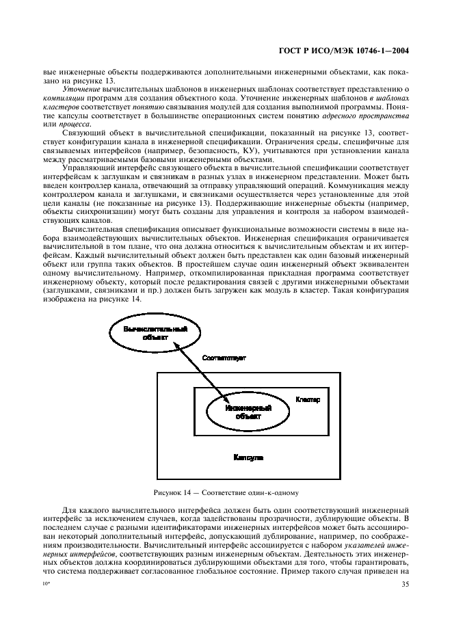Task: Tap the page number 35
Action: (403, 564)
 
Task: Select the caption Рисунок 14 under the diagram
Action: (226, 493)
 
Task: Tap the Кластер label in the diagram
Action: (307, 398)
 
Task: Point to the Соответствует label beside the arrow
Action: (224, 358)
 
